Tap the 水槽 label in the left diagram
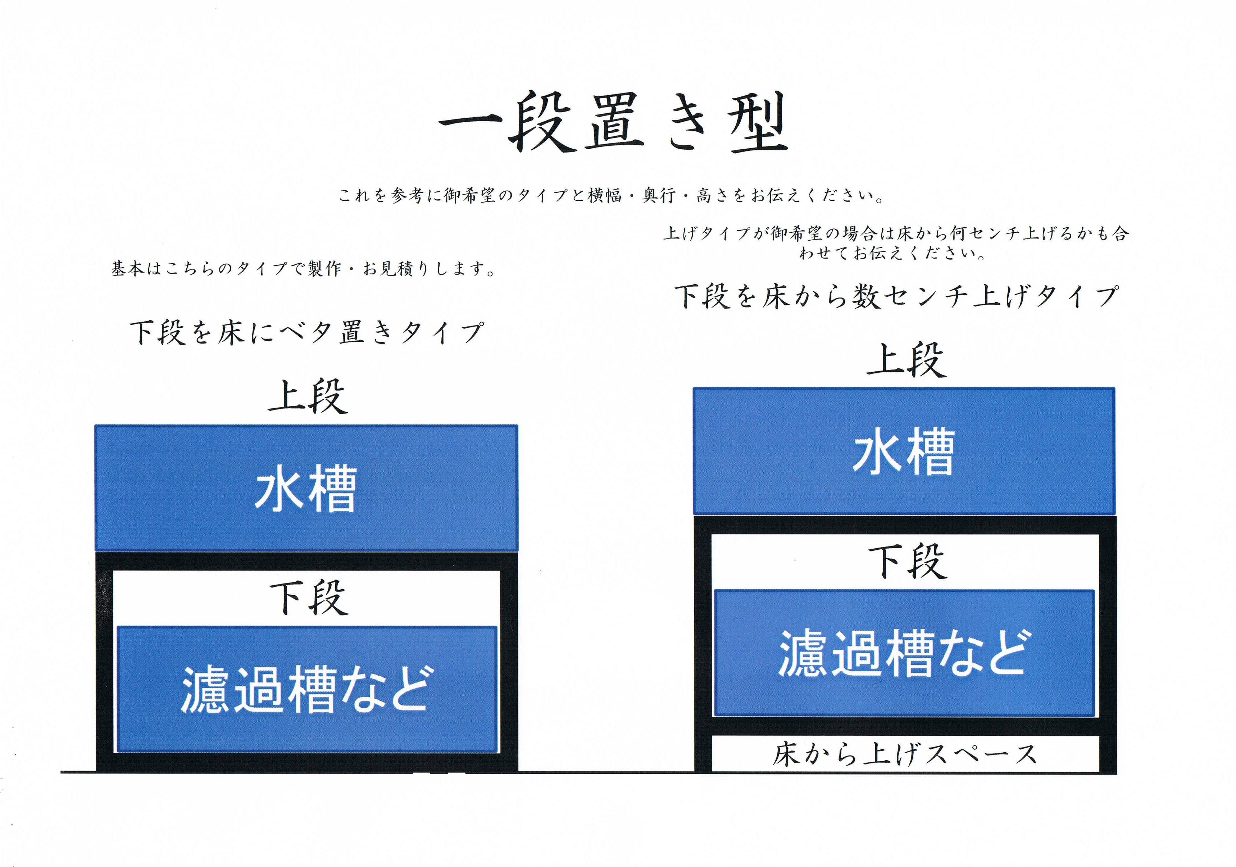305,489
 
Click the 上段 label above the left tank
308,396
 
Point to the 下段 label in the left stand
309,597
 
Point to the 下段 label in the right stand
908,561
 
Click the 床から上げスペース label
904,754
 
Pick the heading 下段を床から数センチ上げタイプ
897,296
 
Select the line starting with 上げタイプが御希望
896,233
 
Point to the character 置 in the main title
614,122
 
